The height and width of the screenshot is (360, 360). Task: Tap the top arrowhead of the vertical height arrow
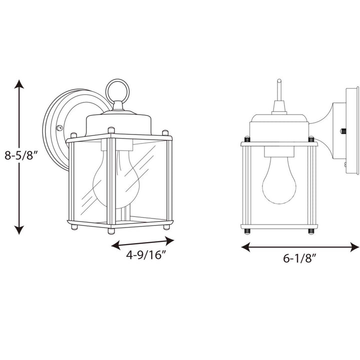pos(19,83)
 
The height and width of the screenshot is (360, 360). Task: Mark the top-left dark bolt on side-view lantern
pos(246,138)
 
